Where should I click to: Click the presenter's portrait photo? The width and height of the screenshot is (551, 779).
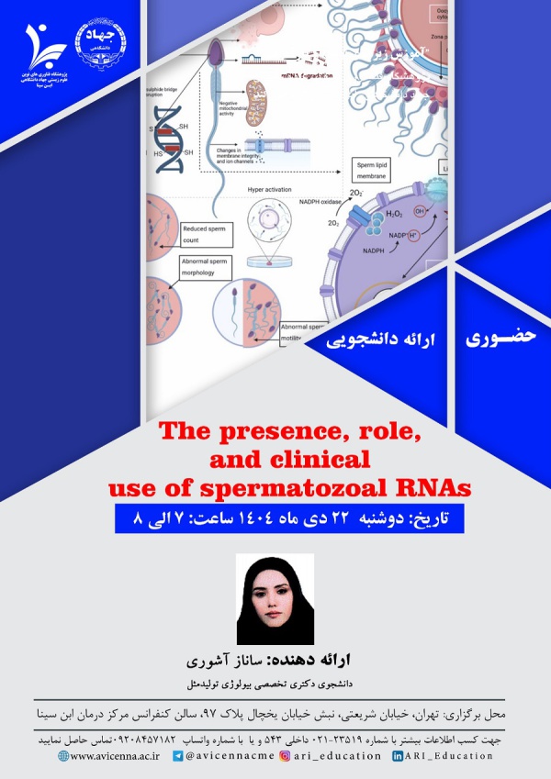click(x=275, y=599)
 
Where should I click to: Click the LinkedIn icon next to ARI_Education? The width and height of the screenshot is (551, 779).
click(x=398, y=756)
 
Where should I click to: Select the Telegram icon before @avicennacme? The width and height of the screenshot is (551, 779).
click(x=178, y=756)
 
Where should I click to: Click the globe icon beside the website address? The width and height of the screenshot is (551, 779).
click(x=63, y=756)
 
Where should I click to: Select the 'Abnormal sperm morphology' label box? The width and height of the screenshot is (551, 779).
click(x=207, y=267)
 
